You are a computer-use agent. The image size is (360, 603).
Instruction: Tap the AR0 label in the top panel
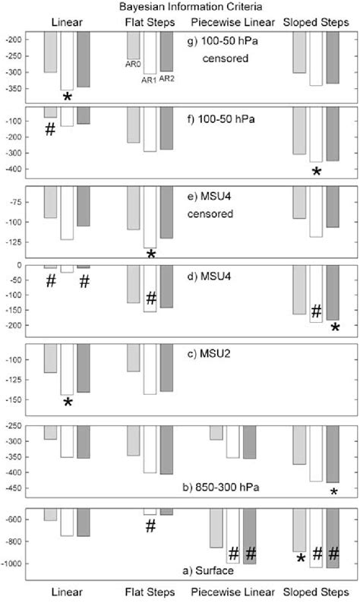coord(134,65)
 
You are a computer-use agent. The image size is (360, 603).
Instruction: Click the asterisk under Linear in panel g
coord(68,98)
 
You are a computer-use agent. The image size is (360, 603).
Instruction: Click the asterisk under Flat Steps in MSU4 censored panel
coord(151,254)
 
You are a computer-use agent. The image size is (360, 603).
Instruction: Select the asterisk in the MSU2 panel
coord(68,403)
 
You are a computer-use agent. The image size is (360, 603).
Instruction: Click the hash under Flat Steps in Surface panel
coord(150,525)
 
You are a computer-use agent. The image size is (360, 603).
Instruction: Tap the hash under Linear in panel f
coord(50,130)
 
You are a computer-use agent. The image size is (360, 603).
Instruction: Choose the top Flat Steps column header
coord(149,21)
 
